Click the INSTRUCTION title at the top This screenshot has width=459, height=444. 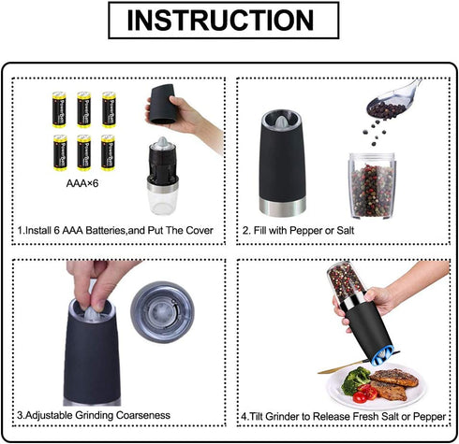(x=229, y=21)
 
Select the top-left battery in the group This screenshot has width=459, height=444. (x=59, y=109)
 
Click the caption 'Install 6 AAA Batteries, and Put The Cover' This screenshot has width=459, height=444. (x=116, y=230)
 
